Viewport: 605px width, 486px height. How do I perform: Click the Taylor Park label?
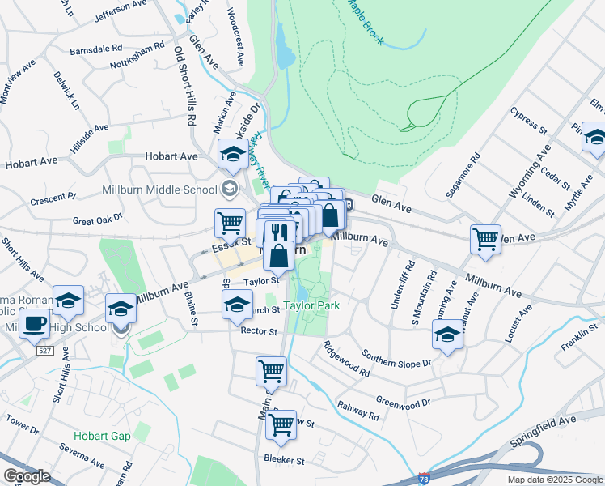coord(311,305)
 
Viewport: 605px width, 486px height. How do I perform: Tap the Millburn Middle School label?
coord(161,190)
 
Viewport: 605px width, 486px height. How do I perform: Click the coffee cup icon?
coord(33,325)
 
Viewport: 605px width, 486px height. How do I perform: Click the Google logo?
coord(27,476)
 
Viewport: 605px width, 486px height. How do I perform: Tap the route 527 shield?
coord(45,349)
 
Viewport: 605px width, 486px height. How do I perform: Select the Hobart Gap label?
coord(101,436)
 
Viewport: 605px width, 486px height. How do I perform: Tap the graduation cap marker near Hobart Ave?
coord(233,154)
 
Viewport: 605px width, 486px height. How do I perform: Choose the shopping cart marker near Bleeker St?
coord(281,424)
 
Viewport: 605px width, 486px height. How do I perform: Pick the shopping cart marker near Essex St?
coord(231,223)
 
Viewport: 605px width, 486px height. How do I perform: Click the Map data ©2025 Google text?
coord(554,480)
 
